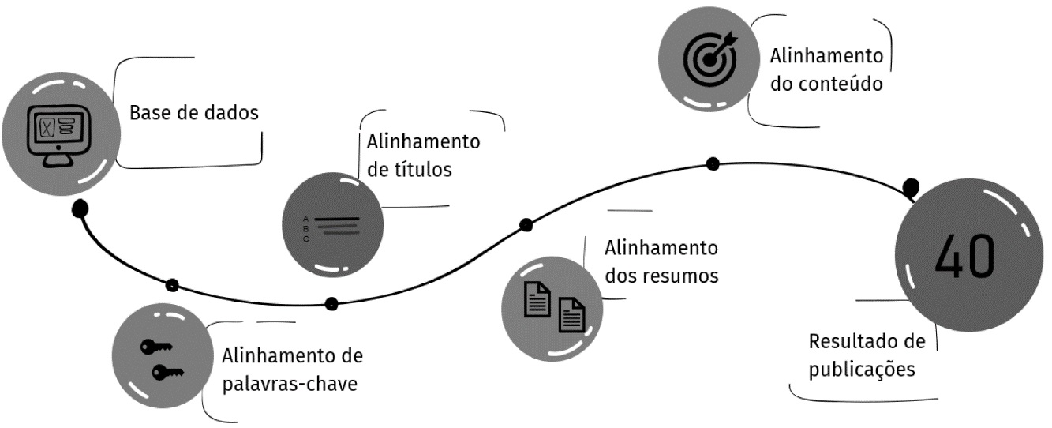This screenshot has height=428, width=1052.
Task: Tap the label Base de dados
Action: pos(194,112)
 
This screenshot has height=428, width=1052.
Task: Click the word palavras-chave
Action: pos(290,385)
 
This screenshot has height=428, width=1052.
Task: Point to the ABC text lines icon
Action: pos(331,227)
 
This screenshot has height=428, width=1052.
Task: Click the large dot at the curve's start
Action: pos(80,208)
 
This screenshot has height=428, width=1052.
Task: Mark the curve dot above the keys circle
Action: pos(172,285)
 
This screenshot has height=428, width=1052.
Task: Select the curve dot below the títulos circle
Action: pos(331,303)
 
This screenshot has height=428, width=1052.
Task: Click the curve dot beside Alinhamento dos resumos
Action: pos(526,225)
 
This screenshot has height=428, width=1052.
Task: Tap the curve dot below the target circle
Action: pos(713,164)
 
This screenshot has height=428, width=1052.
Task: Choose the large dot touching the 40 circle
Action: pos(912,188)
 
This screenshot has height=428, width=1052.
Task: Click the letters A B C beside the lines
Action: pos(305,227)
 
